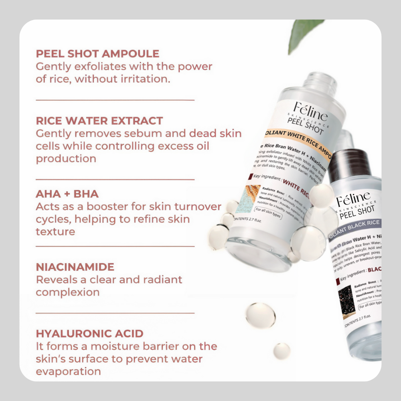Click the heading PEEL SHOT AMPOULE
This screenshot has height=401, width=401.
97,54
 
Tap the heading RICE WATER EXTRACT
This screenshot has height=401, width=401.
99,121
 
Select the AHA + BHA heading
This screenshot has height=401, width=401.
67,194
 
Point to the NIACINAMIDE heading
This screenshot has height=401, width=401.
75,267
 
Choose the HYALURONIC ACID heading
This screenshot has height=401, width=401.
89,334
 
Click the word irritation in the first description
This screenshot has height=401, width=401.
146,79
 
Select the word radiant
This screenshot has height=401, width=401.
160,279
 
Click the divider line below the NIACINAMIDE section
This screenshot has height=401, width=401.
115,312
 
